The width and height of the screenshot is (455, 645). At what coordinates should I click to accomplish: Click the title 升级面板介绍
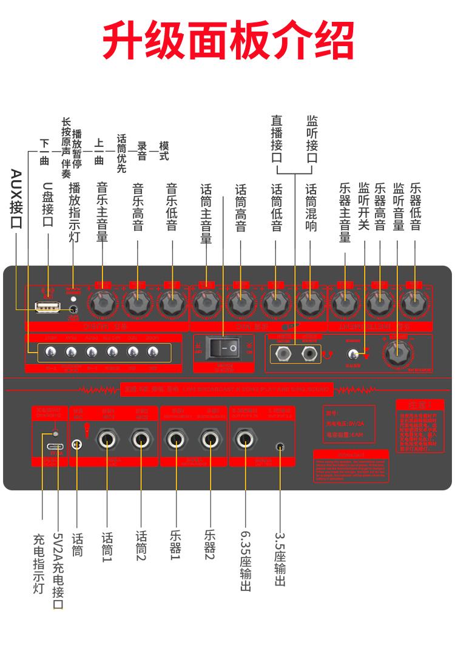(227, 41)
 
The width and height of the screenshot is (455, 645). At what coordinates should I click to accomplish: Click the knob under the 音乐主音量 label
(103, 302)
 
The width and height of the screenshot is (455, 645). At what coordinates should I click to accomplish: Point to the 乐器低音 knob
(414, 302)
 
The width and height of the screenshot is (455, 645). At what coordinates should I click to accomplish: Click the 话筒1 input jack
(107, 439)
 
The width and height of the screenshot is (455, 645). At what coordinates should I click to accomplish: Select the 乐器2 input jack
(210, 439)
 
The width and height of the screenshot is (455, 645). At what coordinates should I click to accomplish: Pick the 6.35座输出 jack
(245, 439)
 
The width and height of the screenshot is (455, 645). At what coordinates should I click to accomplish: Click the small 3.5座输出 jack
(280, 446)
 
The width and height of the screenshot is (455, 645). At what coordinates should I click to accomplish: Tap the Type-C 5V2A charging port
(57, 445)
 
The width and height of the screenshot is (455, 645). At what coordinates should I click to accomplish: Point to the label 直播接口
(277, 140)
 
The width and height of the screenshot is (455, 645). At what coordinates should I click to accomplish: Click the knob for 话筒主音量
(206, 302)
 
